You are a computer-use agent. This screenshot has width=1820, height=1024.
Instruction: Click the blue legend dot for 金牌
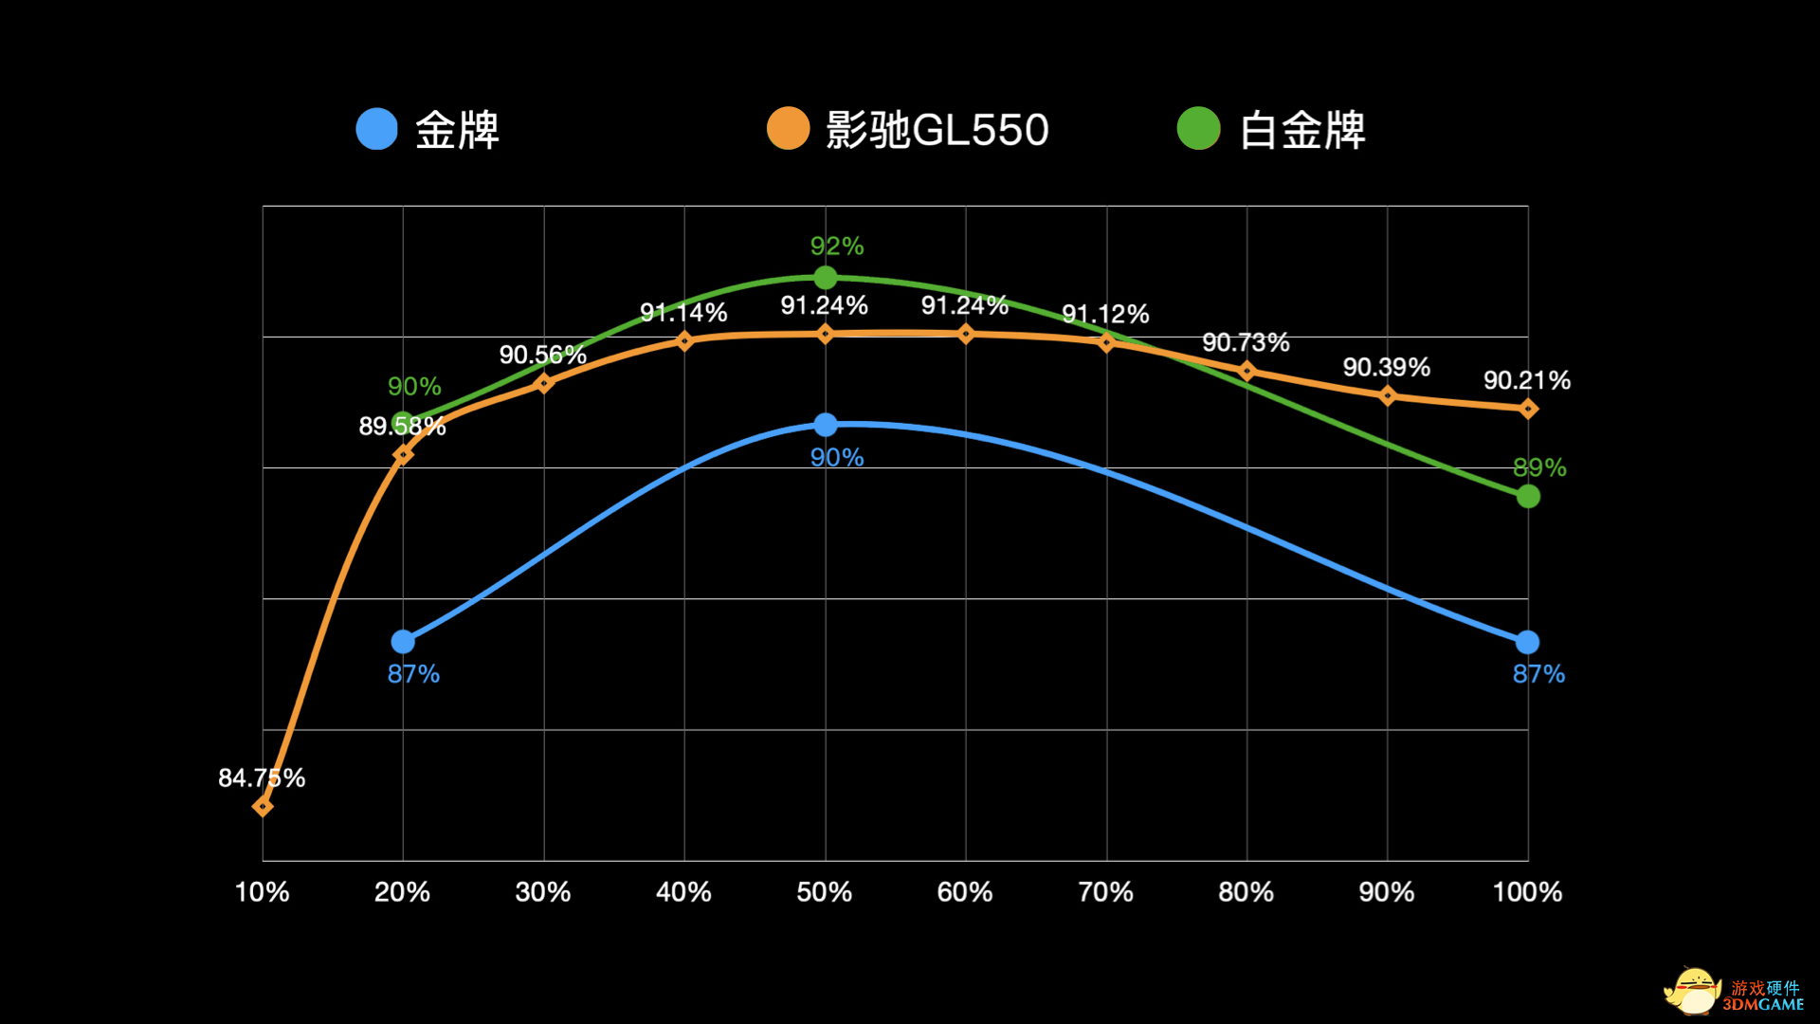pyautogui.click(x=376, y=129)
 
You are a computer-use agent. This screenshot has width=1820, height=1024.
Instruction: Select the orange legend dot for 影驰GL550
pyautogui.click(x=788, y=129)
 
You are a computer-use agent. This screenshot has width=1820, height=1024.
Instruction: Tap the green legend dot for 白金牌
pyautogui.click(x=1198, y=129)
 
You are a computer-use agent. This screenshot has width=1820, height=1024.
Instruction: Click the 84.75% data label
pyautogui.click(x=262, y=778)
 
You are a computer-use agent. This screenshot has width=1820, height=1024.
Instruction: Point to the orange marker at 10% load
pyautogui.click(x=263, y=806)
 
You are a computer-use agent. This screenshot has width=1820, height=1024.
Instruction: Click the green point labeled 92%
pyautogui.click(x=826, y=278)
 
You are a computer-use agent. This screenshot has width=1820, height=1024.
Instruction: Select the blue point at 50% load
pyautogui.click(x=826, y=425)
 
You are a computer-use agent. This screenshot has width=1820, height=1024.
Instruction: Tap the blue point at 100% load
pyautogui.click(x=1527, y=642)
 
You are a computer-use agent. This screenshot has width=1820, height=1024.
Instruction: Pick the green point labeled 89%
pyautogui.click(x=1528, y=496)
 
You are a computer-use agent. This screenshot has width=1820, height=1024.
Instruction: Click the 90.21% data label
pyautogui.click(x=1526, y=380)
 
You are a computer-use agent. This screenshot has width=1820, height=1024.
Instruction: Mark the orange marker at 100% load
pyautogui.click(x=1528, y=409)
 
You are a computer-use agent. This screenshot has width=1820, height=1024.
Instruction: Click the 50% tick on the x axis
pyautogui.click(x=824, y=892)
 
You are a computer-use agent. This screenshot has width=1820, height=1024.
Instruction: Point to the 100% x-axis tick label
pyautogui.click(x=1527, y=892)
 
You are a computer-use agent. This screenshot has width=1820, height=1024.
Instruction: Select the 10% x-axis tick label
pyautogui.click(x=262, y=892)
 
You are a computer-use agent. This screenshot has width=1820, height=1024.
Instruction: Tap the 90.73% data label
pyautogui.click(x=1246, y=342)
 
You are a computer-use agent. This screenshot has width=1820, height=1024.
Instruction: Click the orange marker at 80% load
pyautogui.click(x=1247, y=371)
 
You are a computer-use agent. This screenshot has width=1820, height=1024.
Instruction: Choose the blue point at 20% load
pyautogui.click(x=403, y=642)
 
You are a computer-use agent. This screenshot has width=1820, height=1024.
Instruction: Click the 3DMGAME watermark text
pyautogui.click(x=1763, y=1004)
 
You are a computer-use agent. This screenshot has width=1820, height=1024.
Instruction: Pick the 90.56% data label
pyautogui.click(x=542, y=356)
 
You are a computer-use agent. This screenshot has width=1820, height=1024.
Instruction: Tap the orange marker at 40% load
pyautogui.click(x=684, y=340)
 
